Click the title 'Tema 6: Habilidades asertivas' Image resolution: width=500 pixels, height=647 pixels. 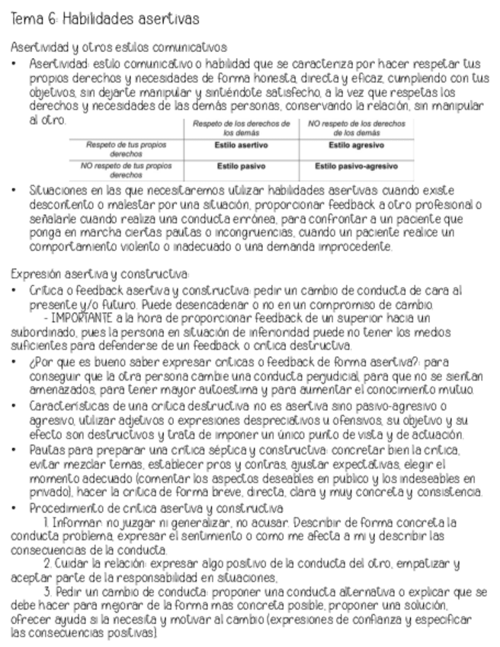coord(104,17)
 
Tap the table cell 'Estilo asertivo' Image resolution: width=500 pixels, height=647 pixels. coord(241,145)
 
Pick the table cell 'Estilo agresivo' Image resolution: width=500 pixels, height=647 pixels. coord(356,145)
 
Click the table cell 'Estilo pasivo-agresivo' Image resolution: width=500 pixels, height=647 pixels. coord(356,165)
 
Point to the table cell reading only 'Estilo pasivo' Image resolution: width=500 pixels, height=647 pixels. coord(241,165)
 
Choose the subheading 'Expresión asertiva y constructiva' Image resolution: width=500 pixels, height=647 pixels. coord(99,273)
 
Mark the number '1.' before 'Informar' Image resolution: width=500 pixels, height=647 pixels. coord(47,501)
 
